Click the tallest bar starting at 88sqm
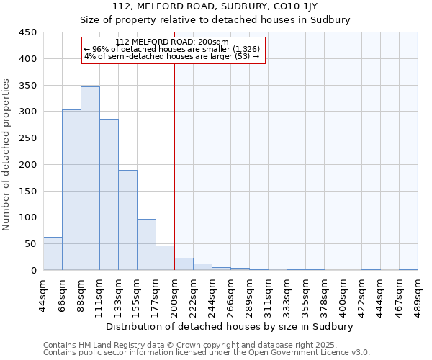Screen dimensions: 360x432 [x=90, y=179]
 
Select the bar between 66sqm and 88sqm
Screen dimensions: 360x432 [x=71, y=190]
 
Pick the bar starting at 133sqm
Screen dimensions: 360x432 [x=127, y=220]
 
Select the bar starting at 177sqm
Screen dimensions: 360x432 [x=165, y=258]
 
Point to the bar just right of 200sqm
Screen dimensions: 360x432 [x=184, y=264]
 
